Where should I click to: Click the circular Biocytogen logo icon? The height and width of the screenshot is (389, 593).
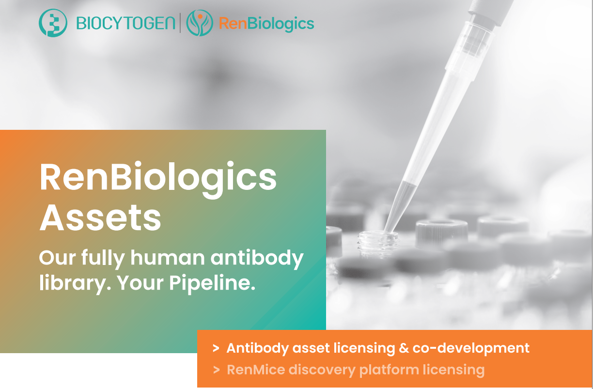53,23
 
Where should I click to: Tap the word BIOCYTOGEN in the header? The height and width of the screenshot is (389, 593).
126,23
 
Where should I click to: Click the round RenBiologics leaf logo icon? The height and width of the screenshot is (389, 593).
200,23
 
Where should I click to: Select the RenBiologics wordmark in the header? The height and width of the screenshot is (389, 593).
266,24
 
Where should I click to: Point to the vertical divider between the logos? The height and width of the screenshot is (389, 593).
180,23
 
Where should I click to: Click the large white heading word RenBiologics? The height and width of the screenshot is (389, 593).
158,179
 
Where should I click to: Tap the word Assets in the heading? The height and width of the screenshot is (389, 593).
100,218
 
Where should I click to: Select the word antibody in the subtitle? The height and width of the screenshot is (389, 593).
257,259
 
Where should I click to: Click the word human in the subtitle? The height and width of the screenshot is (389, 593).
168,258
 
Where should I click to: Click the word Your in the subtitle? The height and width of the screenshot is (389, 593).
140,283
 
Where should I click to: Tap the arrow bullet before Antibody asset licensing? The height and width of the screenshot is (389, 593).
216,348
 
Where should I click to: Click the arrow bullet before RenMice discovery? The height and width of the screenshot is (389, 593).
216,370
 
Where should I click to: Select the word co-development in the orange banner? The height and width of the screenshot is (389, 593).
471,348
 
